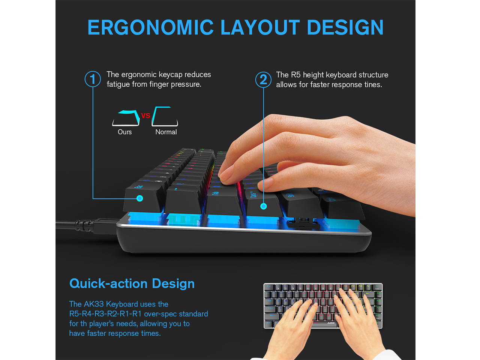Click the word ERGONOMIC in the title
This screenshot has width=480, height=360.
click(150, 28)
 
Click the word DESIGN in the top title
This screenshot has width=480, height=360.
click(345, 28)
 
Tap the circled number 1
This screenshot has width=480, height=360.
click(93, 79)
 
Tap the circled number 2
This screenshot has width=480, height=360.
click(263, 79)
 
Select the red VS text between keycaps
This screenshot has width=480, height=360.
click(145, 115)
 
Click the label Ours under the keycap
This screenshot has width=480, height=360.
click(124, 132)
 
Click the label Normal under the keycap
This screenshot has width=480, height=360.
click(166, 132)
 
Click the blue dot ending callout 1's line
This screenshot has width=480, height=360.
click(140, 198)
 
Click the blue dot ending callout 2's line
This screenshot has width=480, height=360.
click(264, 206)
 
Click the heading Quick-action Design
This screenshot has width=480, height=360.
click(132, 283)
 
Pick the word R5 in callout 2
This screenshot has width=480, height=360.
click(295, 75)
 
